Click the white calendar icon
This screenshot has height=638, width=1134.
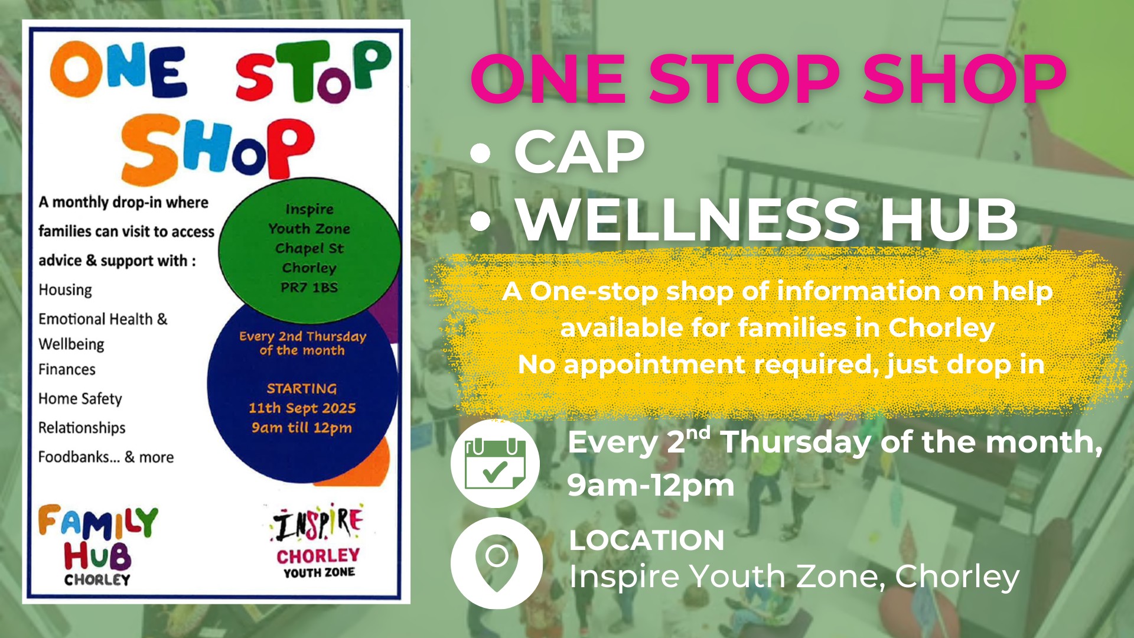[495, 464]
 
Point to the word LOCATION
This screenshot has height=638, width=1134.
[647, 540]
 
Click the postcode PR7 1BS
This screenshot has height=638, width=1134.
[309, 288]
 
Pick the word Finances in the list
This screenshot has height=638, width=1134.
[67, 369]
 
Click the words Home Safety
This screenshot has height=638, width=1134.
[80, 399]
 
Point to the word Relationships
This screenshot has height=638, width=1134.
[82, 428]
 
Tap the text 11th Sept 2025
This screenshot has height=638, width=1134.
[302, 408]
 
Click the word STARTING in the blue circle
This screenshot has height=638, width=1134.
[302, 389]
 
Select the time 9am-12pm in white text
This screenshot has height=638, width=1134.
[651, 486]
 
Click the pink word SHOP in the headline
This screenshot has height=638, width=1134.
[964, 79]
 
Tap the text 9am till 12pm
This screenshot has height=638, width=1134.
[302, 428]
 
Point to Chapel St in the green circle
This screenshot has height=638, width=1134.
[309, 248]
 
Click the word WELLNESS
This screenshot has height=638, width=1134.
[688, 220]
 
